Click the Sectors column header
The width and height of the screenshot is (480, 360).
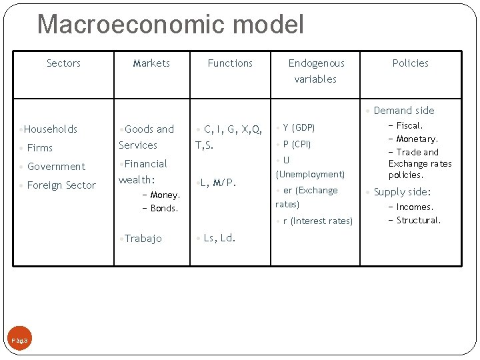click(x=63, y=63)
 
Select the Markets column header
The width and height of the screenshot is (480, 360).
click(x=151, y=63)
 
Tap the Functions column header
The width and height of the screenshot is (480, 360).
click(x=230, y=63)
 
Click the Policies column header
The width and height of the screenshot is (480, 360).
click(x=410, y=63)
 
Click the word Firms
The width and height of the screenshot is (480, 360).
click(x=40, y=148)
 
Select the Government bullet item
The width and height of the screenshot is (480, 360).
click(x=56, y=167)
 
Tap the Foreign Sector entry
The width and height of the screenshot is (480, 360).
click(x=61, y=185)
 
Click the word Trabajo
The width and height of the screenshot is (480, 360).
click(x=143, y=239)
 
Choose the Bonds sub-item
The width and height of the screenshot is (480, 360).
click(x=164, y=209)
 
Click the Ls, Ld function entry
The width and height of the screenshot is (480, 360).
click(x=219, y=238)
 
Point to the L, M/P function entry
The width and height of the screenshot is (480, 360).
click(x=217, y=182)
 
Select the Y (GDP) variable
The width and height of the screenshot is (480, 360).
click(x=299, y=127)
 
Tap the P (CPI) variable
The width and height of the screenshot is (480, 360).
click(x=297, y=144)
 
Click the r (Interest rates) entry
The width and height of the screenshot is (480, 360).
click(x=317, y=221)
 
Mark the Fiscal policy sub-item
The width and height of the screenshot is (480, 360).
click(x=409, y=125)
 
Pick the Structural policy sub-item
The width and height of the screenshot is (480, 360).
click(x=418, y=221)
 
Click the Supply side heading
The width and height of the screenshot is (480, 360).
click(x=402, y=192)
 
